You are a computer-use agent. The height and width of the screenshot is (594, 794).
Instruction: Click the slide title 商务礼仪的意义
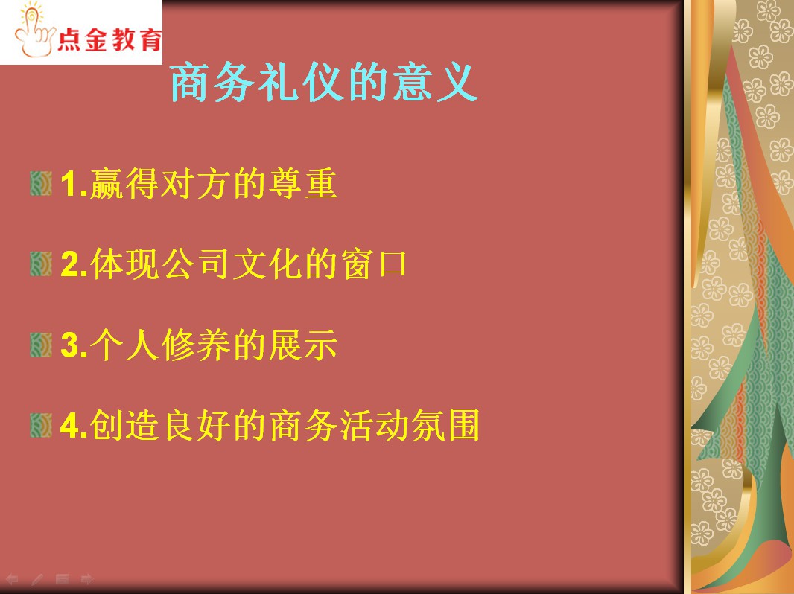(x=324, y=83)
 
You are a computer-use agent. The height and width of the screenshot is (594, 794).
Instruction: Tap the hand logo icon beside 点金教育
(x=34, y=31)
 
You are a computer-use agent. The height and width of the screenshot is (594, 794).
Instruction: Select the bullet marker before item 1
(x=41, y=183)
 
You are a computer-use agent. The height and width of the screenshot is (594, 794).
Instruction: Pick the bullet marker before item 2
(x=41, y=264)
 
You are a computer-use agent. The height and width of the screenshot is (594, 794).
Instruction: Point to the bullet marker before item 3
(x=41, y=345)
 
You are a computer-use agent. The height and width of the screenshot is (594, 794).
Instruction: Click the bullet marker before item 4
(x=41, y=426)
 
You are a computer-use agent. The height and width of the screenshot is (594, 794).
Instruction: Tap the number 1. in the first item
(x=74, y=184)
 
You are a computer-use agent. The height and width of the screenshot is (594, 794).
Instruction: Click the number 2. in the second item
(x=74, y=264)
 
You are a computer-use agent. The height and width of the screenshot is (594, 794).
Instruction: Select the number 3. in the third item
(x=74, y=345)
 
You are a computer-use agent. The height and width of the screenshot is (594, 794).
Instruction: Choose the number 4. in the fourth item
(x=74, y=426)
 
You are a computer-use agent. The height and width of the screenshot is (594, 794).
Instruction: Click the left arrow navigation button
(x=12, y=579)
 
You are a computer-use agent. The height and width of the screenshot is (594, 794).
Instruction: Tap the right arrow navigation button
(x=87, y=579)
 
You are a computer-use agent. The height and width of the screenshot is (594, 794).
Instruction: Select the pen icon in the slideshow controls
(x=37, y=579)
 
